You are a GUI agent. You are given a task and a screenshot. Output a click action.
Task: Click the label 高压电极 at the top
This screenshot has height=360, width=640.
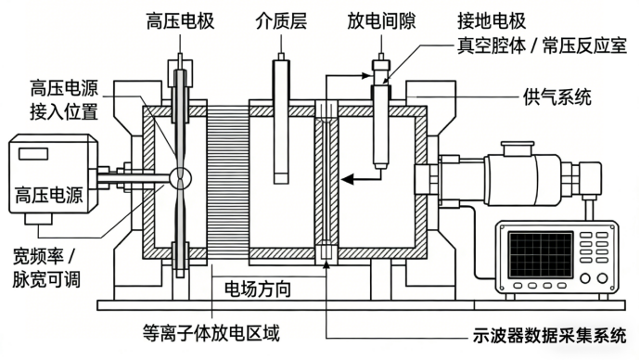click(x=181, y=21)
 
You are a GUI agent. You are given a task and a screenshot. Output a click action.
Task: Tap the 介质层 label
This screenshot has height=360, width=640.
click(x=281, y=21)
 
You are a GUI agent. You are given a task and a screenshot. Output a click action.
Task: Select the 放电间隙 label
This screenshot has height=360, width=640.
click(x=381, y=21)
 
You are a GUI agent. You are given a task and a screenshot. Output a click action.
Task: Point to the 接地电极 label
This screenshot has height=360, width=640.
click(x=492, y=21)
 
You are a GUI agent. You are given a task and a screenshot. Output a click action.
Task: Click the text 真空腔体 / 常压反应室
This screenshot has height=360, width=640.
click(x=542, y=46)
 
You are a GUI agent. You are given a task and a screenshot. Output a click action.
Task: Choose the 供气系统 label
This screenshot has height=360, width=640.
click(x=557, y=97)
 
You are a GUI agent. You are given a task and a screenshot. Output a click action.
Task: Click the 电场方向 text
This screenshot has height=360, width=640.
click(x=258, y=289)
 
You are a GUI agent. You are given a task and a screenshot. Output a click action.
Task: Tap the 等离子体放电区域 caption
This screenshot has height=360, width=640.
click(x=211, y=333)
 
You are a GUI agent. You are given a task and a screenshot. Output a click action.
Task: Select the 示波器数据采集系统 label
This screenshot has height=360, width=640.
click(x=549, y=336)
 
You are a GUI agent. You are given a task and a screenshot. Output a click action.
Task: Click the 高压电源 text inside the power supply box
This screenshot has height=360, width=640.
click(x=49, y=195)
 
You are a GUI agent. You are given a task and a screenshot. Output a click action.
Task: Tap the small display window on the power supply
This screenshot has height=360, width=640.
click(x=33, y=153)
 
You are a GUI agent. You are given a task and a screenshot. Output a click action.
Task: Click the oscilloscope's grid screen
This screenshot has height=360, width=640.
click(x=541, y=254)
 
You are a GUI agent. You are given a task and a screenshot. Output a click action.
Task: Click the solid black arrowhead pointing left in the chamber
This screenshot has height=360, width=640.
click(x=347, y=179)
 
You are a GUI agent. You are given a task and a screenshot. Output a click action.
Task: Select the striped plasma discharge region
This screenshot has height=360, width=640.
click(x=227, y=183)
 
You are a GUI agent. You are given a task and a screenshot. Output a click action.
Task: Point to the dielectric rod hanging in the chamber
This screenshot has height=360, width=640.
click(x=281, y=122)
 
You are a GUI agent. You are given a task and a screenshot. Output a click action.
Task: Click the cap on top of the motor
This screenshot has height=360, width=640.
click(x=518, y=148)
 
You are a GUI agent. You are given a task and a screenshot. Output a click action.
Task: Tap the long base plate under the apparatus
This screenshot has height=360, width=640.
click(x=361, y=305)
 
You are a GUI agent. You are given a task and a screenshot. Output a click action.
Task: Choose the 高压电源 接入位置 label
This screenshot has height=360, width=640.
click(x=64, y=100)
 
